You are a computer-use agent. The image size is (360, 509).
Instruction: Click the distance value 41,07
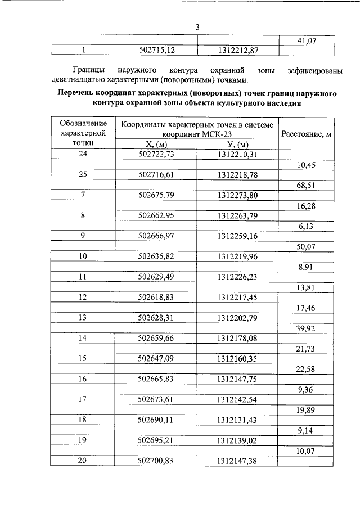[307, 40]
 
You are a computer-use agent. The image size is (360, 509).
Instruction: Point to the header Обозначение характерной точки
[83, 133]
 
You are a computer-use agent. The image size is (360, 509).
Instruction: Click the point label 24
[83, 154]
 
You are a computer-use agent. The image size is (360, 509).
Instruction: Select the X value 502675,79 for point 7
[157, 195]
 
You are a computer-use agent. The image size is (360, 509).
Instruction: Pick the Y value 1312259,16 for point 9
[238, 236]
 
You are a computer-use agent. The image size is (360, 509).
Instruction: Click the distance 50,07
[307, 246]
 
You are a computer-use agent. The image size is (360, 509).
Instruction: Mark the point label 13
[83, 317]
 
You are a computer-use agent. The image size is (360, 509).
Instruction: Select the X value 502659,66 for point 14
[157, 338]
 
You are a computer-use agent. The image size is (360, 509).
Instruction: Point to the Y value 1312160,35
[238, 358]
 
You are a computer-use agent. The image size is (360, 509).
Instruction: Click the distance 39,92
[307, 328]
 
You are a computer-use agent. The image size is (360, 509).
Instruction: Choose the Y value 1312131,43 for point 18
[238, 420]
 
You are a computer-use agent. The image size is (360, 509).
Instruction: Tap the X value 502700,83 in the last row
[157, 461]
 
